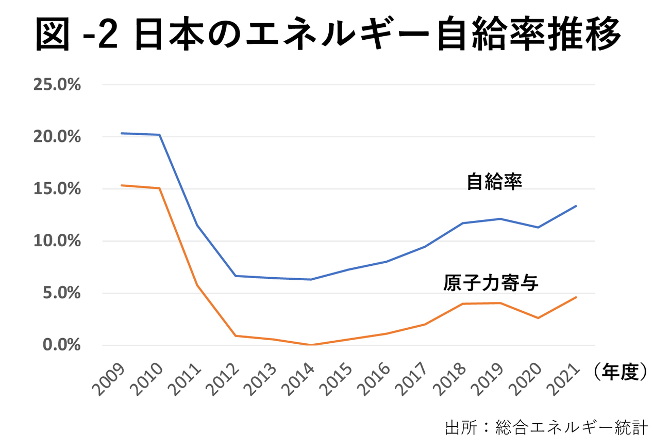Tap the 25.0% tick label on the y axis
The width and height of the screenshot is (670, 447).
point(57,85)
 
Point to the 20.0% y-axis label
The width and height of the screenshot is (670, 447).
point(57,137)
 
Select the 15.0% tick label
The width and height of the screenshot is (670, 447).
point(57,189)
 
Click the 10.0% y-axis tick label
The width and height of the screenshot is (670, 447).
point(57,241)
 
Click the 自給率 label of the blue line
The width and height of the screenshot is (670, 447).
point(494,182)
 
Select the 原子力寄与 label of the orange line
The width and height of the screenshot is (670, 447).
point(491,283)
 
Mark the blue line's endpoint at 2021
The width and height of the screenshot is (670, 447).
point(576,206)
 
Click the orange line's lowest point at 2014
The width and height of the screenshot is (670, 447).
point(311,345)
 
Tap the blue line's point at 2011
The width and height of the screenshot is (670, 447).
point(197,225)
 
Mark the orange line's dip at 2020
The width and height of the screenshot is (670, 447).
point(538,318)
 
